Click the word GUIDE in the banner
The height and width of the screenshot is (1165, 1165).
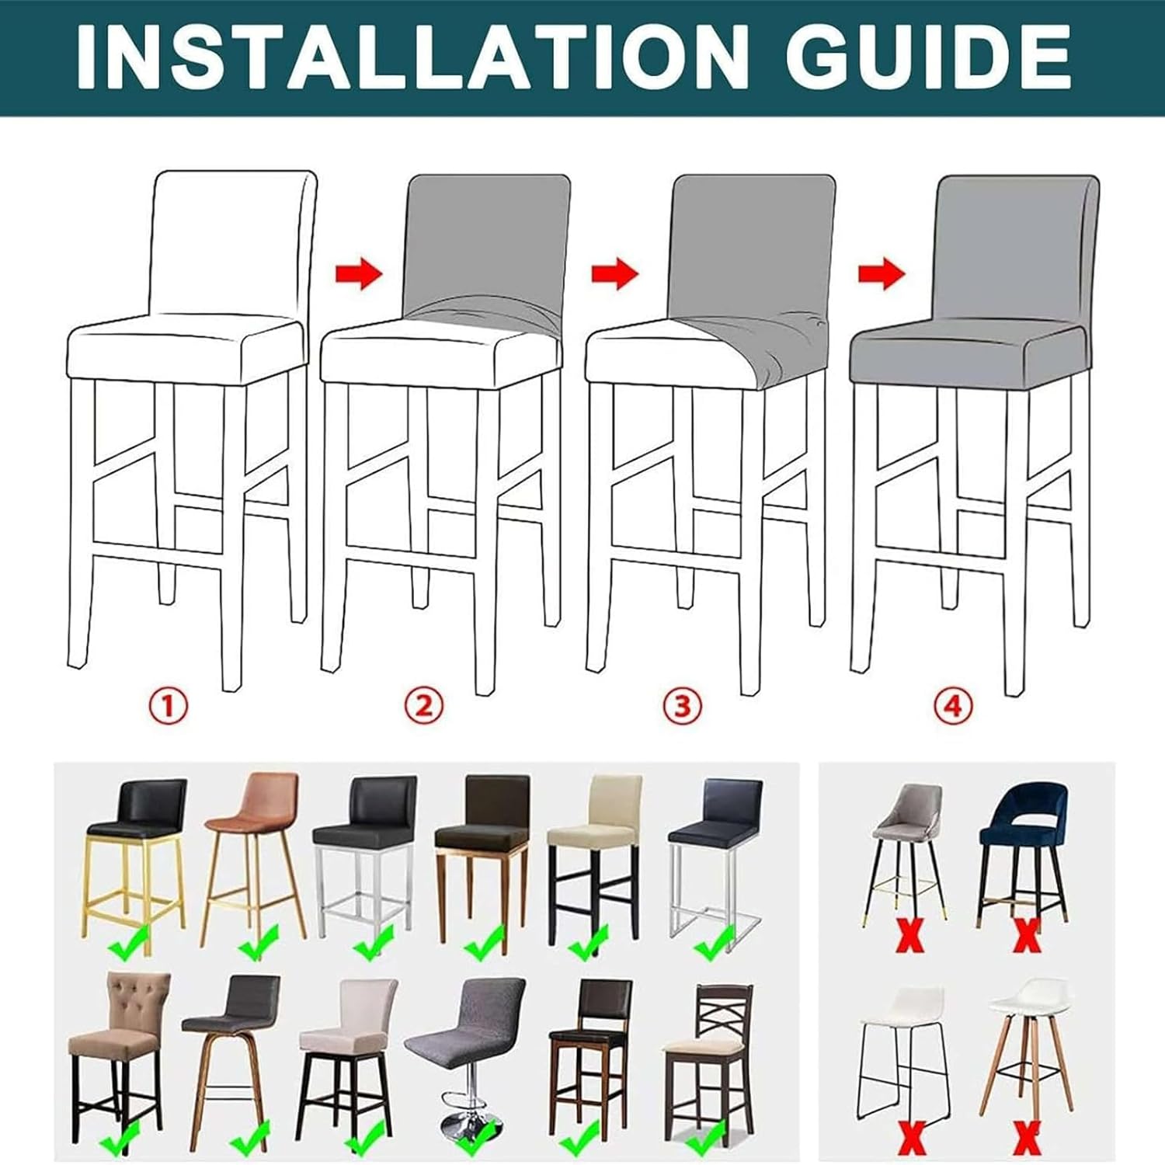click(x=927, y=58)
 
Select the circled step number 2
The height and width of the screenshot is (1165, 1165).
click(x=424, y=706)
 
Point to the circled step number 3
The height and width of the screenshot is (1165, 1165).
click(x=682, y=706)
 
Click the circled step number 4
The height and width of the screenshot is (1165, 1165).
click(x=953, y=706)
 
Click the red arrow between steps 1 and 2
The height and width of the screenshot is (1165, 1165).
click(x=359, y=274)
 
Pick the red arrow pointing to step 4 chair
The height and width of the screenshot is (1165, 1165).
click(x=882, y=274)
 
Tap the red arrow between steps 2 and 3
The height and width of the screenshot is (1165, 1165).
click(x=614, y=274)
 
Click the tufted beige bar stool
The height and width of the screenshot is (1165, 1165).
click(x=119, y=1041)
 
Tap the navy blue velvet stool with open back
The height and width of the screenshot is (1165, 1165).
click(x=1023, y=847)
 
